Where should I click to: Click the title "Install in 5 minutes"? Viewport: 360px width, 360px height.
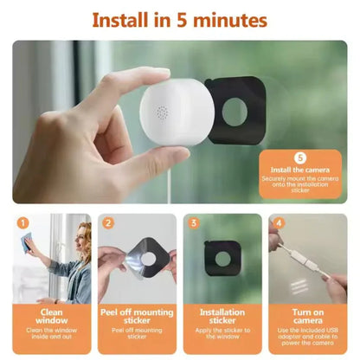click(x=180, y=19)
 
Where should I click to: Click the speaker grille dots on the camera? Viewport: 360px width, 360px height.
click(x=159, y=112)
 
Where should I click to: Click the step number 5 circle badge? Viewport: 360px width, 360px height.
click(x=300, y=158)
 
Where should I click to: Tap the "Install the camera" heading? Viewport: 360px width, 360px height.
click(x=300, y=171)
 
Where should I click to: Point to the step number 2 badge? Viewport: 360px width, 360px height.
click(x=109, y=222)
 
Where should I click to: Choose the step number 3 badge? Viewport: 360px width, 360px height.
click(x=193, y=222)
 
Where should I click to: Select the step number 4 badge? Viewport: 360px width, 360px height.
click(x=278, y=222)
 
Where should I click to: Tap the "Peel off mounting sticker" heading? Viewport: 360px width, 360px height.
click(x=137, y=315)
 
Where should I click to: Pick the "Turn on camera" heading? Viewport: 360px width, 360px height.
click(x=305, y=315)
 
